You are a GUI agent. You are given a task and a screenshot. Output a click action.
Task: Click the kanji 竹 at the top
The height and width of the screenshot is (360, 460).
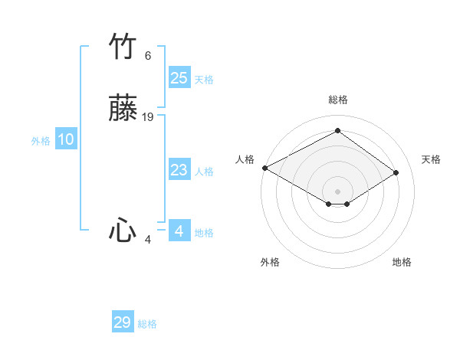tap(123, 47)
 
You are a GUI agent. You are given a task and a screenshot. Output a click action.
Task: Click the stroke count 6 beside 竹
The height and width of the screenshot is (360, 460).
tap(147, 56)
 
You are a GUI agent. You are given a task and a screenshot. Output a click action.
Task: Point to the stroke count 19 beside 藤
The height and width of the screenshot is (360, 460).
tap(148, 116)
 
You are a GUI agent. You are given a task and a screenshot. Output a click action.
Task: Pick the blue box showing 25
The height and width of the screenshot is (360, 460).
tap(179, 78)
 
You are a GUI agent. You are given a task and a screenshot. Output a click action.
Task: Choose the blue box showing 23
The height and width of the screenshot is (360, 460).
tap(179, 171)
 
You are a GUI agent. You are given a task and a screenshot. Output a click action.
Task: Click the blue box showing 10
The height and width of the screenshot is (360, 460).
tap(66, 139)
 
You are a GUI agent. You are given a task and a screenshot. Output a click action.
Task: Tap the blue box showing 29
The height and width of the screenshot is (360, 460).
tap(123, 322)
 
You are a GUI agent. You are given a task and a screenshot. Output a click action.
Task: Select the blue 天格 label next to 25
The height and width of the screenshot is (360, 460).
tap(204, 80)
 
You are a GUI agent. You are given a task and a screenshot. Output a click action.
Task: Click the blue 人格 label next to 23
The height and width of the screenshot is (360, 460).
tap(204, 172)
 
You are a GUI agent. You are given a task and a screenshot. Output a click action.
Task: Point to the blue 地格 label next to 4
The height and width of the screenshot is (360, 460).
tap(204, 233)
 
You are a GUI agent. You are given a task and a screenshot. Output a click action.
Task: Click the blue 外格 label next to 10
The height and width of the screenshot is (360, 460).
tap(41, 141)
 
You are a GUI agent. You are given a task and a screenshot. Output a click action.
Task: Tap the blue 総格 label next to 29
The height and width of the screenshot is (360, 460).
tap(147, 324)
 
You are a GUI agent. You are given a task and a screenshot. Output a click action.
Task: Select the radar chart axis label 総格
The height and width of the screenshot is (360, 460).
tap(337, 100)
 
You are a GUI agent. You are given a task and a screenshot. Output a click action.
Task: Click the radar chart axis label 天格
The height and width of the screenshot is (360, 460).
tap(431, 159)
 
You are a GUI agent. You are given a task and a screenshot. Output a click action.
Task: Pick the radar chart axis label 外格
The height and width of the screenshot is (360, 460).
tap(270, 262)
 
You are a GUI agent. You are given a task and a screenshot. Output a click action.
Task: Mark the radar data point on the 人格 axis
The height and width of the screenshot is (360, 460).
tap(264, 168)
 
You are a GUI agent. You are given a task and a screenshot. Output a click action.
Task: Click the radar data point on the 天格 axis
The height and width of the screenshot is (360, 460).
tap(396, 172)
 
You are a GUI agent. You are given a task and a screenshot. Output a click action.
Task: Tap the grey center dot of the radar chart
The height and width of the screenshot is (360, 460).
tap(337, 191)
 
